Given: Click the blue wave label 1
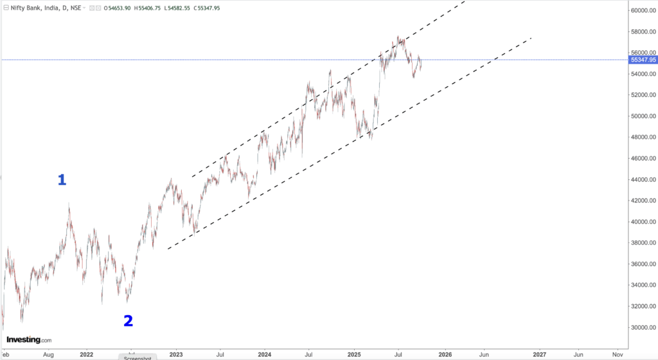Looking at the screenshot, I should coord(62,181).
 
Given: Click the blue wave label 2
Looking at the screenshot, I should coord(128,320).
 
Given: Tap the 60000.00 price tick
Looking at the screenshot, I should coord(643,10).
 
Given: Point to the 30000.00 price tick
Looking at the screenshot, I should coord(643,327).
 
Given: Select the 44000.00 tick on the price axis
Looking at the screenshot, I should coord(643,179).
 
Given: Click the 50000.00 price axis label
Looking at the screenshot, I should coord(643,116).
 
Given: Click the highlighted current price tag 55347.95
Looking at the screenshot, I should coord(643,60).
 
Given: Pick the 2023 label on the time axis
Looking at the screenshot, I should coord(176,354).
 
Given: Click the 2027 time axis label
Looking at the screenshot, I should coord(540,354).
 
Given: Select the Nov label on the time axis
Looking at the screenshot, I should coord(618,354).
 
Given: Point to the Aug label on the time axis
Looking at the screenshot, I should coord(48,354).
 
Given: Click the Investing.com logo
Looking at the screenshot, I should coord(29,339).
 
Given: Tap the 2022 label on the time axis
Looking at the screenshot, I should coord(86,354).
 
